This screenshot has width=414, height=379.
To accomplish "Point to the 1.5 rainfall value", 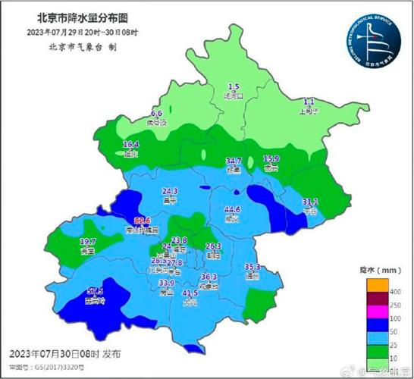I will click(234, 87).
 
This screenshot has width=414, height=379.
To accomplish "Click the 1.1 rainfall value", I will click(309, 101).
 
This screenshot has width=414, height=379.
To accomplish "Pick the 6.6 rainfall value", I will click(158, 113).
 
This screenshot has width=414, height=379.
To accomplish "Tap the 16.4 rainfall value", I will click(131, 144).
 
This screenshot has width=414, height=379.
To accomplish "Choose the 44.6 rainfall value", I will click(233, 209).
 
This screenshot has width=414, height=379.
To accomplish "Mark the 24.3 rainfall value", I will click(170, 191).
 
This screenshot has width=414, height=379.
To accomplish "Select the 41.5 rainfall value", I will click(190, 293).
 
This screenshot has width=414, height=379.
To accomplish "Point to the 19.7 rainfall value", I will click(87, 241).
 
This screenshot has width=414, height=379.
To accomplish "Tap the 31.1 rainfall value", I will click(310, 202).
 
